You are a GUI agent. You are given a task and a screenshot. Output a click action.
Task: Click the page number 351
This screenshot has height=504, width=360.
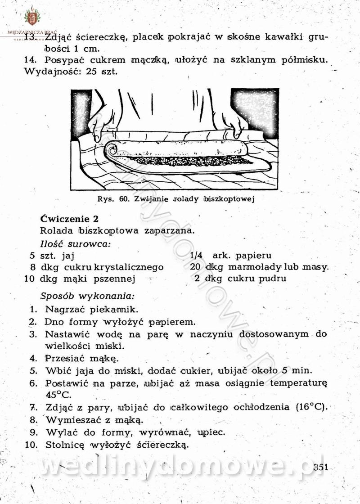click(321, 467)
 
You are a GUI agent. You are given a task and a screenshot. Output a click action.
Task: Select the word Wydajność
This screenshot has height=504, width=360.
click(47, 71)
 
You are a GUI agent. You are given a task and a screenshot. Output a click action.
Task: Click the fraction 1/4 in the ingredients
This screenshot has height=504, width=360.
click(197, 255)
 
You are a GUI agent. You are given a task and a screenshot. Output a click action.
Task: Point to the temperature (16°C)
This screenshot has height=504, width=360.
click(311, 407)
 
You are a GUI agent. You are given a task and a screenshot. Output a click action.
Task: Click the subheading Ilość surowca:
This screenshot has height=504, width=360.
click(75, 244)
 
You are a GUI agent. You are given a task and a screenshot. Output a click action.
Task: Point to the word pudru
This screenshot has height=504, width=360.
click(272, 278)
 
